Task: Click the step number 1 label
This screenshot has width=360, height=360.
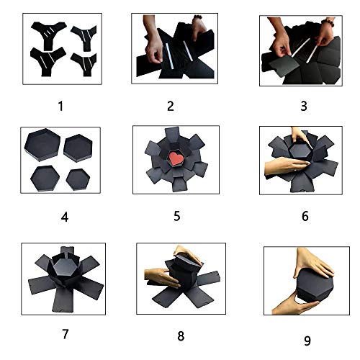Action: click(60, 106)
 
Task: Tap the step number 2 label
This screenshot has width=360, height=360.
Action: click(171, 106)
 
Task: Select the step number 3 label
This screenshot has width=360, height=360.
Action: click(304, 106)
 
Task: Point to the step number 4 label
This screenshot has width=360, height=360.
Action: click(65, 217)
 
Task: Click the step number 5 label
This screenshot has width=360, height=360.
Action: click(177, 216)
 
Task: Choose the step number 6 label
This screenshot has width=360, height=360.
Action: click(305, 216)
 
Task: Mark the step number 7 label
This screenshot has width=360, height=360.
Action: click(66, 334)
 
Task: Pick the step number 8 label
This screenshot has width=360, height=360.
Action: click(181, 336)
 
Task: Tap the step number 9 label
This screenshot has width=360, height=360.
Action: click(307, 341)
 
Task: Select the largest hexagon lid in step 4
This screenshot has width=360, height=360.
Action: click(42, 145)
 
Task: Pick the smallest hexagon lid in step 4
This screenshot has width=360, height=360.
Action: click(78, 179)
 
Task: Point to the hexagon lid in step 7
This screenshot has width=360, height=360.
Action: click(64, 267)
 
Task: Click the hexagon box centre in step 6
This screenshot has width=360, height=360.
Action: click(300, 150)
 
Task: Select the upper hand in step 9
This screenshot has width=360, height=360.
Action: click(313, 263)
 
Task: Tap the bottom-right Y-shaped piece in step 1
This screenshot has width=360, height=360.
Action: click(84, 63)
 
